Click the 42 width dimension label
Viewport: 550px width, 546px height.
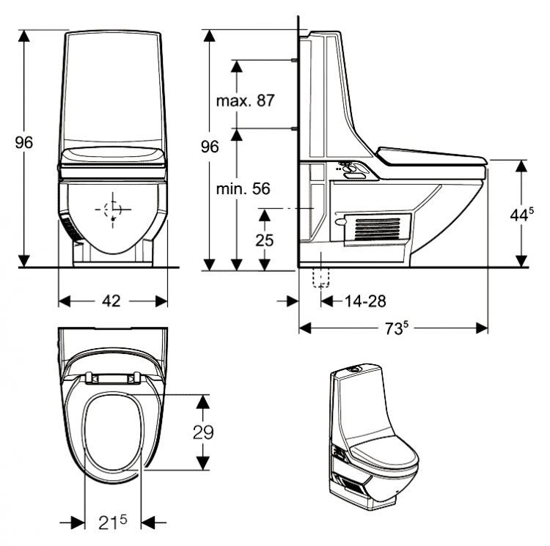[111, 300]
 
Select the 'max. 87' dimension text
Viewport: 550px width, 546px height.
[245, 100]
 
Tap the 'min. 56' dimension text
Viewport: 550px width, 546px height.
[243, 189]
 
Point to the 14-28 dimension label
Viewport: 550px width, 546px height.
[365, 301]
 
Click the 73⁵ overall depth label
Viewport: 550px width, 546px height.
[397, 328]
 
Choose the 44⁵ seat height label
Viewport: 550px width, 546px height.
[521, 214]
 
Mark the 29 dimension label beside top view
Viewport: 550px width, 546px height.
[203, 432]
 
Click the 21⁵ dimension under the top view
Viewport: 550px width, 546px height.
[113, 523]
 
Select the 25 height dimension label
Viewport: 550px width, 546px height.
[264, 240]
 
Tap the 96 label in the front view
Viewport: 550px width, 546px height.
[24, 142]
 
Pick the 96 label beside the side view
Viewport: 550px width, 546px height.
[210, 147]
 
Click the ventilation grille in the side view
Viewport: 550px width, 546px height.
[378, 229]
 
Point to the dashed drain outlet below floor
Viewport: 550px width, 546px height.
[321, 278]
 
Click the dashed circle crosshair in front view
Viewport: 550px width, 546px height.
[113, 210]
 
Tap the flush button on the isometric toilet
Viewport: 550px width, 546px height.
[355, 369]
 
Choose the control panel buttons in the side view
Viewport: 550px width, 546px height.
[348, 170]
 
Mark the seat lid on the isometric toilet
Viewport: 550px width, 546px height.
[384, 453]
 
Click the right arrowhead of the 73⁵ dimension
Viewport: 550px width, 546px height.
[482, 328]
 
